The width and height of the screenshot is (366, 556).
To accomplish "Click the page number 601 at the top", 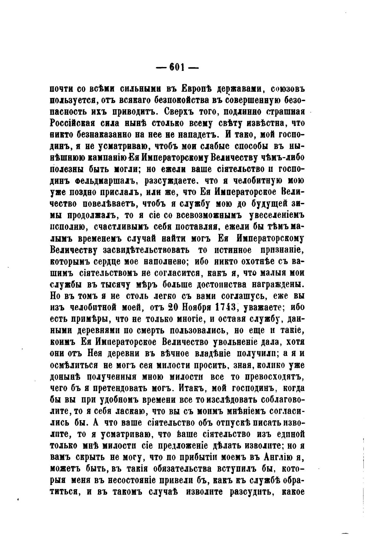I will click(177, 67).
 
